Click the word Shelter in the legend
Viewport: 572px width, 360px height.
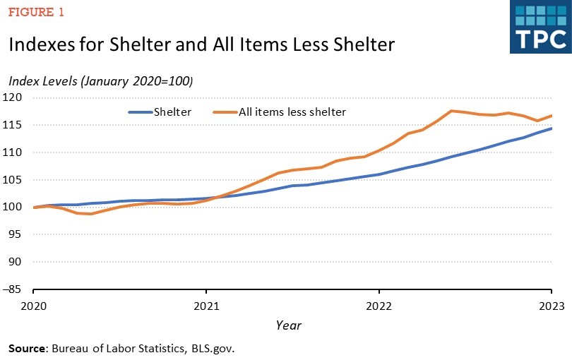click(x=173, y=112)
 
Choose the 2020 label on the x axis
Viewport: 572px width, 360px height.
click(x=34, y=306)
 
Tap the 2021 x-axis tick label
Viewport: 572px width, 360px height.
click(x=206, y=306)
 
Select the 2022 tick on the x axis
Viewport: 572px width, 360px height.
click(x=379, y=306)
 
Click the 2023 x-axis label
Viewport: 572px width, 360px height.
click(x=552, y=306)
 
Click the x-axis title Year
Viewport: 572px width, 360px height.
click(x=289, y=325)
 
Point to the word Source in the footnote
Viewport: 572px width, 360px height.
click(x=28, y=349)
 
